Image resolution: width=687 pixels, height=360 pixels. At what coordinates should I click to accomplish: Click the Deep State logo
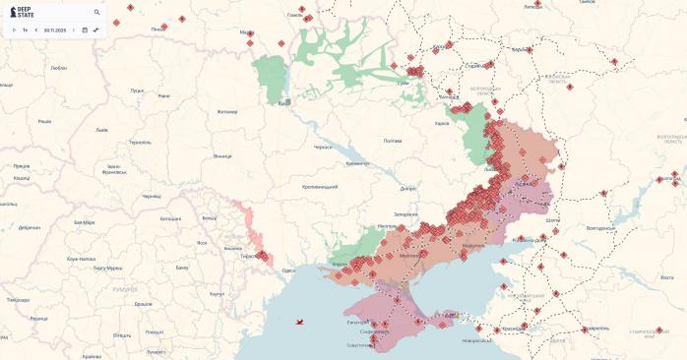22,12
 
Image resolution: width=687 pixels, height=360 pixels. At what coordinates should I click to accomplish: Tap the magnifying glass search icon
96,13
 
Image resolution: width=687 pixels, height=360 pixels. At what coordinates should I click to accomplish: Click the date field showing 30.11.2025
54,30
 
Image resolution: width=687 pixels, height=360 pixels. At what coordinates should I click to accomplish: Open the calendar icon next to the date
85,30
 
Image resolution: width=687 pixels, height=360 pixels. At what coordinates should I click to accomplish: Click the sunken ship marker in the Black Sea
299,322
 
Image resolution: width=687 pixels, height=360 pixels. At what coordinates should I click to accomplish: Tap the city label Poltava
393,141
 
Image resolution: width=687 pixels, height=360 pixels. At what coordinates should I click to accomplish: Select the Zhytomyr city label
227,111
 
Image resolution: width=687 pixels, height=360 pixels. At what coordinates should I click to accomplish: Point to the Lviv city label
101,130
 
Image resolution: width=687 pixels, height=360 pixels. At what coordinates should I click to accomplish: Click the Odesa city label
288,270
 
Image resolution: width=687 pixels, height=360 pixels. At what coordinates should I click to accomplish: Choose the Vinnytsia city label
222,155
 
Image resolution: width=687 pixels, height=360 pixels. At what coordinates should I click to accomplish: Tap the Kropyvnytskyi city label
320,187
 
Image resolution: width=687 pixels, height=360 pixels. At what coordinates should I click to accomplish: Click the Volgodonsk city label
600,228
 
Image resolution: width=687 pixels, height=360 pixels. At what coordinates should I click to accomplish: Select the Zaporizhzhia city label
406,213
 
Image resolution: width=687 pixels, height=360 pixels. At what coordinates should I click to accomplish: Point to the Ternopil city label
140,142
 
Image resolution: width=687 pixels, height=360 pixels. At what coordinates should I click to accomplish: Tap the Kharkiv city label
442,123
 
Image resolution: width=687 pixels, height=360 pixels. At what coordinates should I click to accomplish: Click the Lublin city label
58,68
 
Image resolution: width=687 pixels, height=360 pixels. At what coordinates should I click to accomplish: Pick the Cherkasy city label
323,147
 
